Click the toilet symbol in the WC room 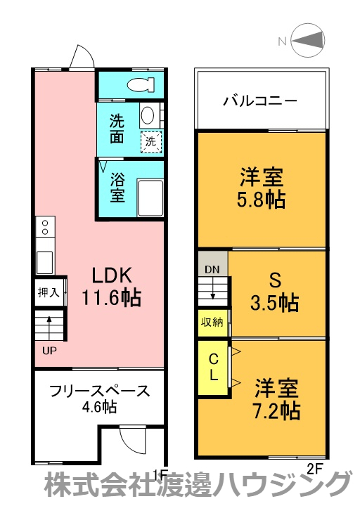click(141, 85)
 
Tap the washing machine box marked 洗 click(150, 141)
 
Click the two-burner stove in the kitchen click(45, 226)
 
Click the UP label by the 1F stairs click(47, 349)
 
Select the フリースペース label click(99, 391)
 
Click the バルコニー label click(260, 100)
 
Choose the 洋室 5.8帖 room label click(260, 187)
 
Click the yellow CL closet click(212, 368)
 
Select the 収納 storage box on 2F click(213, 323)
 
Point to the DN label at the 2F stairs click(212, 269)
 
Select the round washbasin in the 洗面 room click(147, 115)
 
